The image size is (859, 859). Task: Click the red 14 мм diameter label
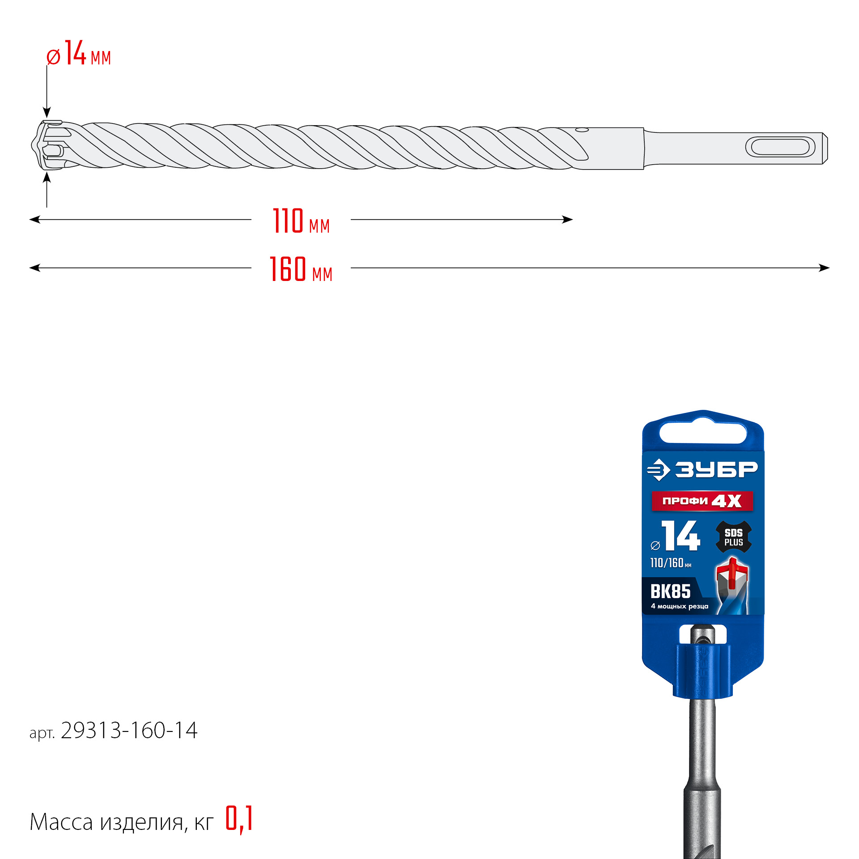point(79,54)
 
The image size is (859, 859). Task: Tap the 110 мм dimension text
point(301,221)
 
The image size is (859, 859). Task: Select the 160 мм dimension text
point(301,269)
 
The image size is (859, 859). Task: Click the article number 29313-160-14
point(129,731)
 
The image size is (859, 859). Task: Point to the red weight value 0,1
point(239,819)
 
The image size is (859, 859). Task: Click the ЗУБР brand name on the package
point(716,469)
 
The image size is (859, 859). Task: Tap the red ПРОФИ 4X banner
point(702,501)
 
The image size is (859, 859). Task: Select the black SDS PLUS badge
point(733,537)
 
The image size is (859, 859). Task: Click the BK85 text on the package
point(670,591)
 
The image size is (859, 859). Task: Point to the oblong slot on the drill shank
point(780,147)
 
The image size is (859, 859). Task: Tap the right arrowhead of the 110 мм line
point(568,219)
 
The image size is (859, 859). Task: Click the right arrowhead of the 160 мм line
point(825,268)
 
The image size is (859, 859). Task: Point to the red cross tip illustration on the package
point(732,572)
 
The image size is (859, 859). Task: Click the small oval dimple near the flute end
point(582,130)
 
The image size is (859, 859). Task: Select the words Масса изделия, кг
point(121,822)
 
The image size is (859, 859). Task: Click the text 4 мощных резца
point(679,606)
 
